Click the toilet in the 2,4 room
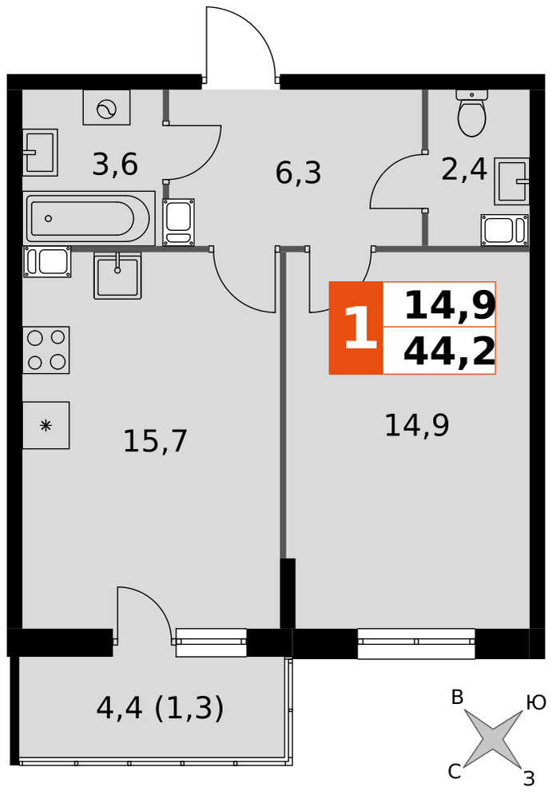pos(471,113)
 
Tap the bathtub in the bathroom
pos(89,218)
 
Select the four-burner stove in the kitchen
pos(46,350)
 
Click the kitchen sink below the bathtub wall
pos(117,275)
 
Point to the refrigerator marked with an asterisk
pos(46,425)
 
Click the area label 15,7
pos(156,441)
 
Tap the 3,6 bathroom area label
pos(115,165)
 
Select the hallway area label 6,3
pos(298,173)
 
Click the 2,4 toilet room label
pos(464,169)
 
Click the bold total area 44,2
pos(449,352)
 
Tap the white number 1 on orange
pos(359,328)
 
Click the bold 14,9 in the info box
pos(450,307)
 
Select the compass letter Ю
pos(536,703)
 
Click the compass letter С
pos(455,772)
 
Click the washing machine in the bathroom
pos(106,108)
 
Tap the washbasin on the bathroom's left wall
pos(40,153)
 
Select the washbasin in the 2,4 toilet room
pos(511,181)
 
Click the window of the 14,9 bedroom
pos(416,643)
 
